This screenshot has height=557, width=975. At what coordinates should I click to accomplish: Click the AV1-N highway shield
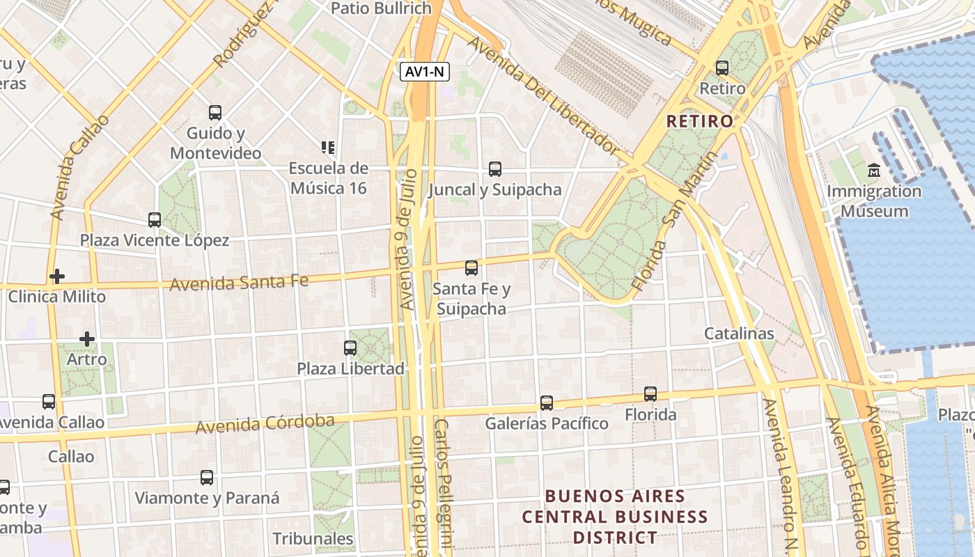(424, 72)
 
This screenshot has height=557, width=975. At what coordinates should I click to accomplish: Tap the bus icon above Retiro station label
(722, 68)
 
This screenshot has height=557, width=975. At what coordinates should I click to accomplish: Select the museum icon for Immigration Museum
(874, 170)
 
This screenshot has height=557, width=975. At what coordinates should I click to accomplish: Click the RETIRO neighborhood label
(699, 121)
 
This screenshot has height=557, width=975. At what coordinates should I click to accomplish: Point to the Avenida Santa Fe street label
(239, 283)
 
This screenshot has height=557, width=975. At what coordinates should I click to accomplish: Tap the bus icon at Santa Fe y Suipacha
(471, 268)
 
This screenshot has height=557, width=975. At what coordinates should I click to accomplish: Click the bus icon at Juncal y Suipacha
(495, 168)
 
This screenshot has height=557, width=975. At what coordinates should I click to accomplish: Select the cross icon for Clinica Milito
(57, 276)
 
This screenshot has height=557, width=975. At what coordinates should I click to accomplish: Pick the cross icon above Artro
(87, 339)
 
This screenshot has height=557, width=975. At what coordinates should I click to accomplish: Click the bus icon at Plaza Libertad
(350, 348)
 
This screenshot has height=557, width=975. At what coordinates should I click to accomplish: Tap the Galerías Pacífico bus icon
(547, 403)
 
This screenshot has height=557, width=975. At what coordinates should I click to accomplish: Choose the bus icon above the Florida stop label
(650, 394)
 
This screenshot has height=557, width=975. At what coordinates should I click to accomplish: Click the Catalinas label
(739, 334)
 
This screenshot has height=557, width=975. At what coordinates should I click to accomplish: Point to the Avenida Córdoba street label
(265, 423)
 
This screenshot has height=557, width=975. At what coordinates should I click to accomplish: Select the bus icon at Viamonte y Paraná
(207, 478)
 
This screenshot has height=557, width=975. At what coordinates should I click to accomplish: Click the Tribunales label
(313, 539)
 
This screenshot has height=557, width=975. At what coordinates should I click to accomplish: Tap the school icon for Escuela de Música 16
(328, 147)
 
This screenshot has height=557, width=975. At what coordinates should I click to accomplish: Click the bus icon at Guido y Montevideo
(215, 112)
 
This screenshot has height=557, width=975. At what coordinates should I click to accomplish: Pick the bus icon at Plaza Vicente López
(155, 220)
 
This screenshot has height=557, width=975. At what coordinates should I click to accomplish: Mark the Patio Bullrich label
(381, 8)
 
